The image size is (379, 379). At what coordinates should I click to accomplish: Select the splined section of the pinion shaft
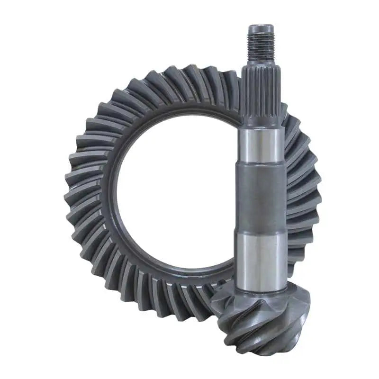pos(261,92)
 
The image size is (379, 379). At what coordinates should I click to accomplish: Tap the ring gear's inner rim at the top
pos(185,110)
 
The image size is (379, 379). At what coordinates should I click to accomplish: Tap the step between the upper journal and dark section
pos(262,163)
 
